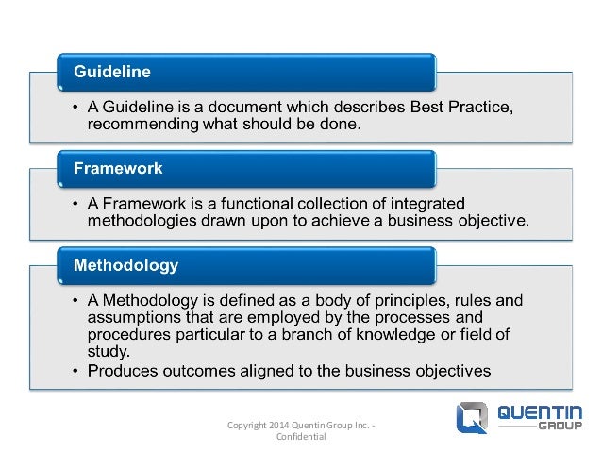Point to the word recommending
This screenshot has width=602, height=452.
pyautogui.click(x=136, y=122)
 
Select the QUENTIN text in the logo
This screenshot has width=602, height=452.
pyautogui.click(x=538, y=413)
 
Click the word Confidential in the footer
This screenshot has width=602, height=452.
pyautogui.click(x=301, y=438)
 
